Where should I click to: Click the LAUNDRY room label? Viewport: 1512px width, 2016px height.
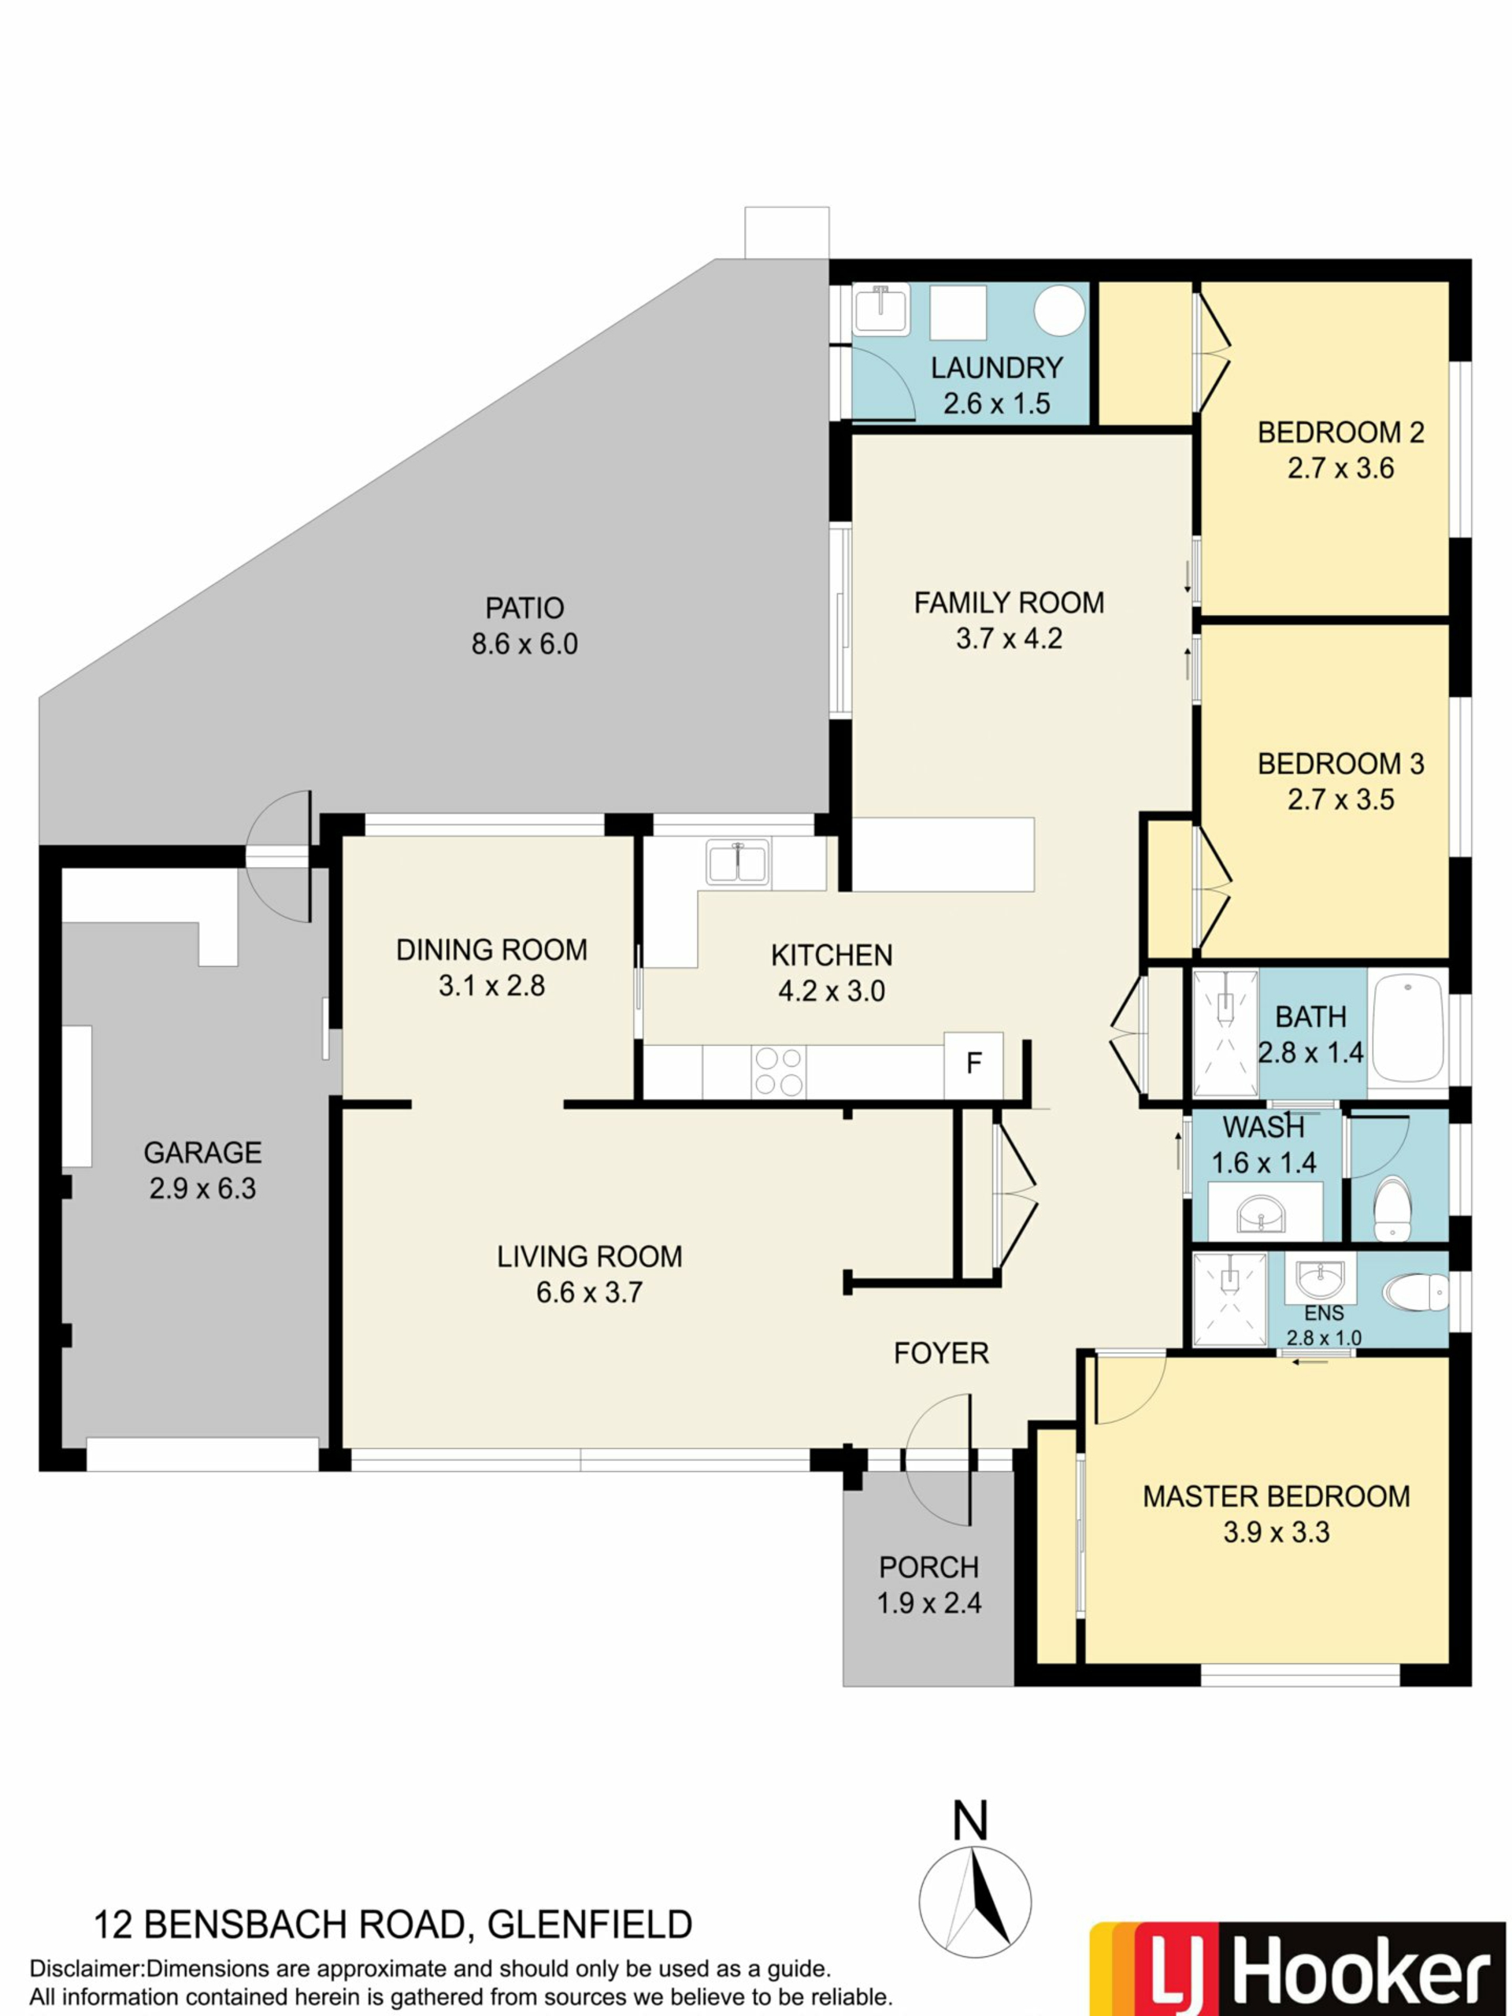pos(996,369)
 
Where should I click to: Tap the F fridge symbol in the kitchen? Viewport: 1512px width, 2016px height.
pos(973,1062)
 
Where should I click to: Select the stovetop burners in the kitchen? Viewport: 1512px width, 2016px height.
pos(778,1072)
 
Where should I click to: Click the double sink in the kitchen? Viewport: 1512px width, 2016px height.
pos(737,861)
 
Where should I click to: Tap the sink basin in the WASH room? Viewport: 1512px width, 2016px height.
pos(1262,1212)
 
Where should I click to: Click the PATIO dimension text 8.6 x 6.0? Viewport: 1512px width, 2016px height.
pos(524,644)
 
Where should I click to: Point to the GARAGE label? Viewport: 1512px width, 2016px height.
pos(202,1153)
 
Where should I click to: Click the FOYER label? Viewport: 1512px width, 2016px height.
pos(940,1354)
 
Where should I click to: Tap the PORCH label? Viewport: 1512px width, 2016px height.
pos(928,1568)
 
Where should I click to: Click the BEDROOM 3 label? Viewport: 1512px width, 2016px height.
pos(1340,764)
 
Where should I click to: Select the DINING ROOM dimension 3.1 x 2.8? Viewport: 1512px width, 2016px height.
pos(491,985)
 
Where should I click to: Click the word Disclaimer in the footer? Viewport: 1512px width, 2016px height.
pos(87,1969)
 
